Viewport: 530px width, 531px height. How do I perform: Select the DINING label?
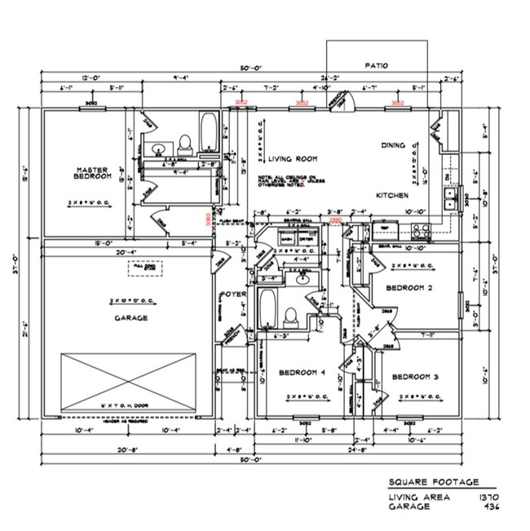point(394,145)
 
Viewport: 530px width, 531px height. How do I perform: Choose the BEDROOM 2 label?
point(409,289)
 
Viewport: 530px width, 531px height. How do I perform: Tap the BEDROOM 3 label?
point(415,377)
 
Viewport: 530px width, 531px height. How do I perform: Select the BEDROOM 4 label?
point(302,373)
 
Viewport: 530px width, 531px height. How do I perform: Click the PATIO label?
point(376,65)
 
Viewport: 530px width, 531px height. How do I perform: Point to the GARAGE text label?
point(130,318)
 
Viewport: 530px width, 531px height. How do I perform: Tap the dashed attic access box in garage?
point(144,268)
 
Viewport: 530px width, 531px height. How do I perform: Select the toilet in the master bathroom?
point(185,144)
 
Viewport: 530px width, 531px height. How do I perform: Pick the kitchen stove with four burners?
point(420,229)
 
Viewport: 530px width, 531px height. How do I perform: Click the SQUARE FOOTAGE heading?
point(433,482)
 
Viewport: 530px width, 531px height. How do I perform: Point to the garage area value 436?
point(491,507)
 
